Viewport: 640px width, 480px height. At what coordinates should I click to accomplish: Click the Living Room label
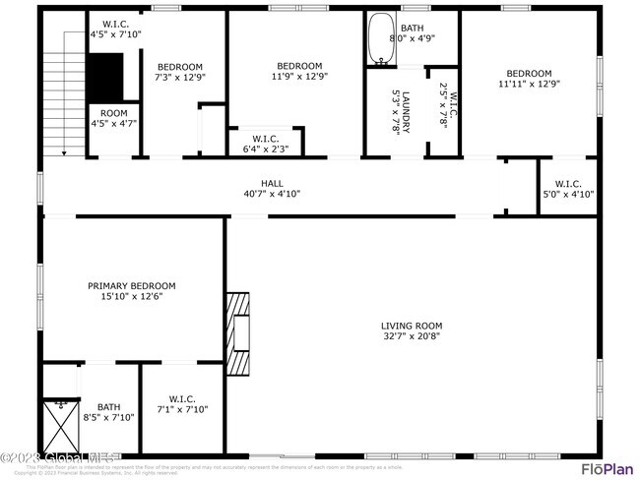pos(412,326)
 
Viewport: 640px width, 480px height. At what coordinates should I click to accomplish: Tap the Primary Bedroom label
pos(139,286)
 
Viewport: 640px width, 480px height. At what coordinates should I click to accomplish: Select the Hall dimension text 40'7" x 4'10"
pos(272,194)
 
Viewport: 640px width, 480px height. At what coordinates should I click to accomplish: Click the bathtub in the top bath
pos(380,41)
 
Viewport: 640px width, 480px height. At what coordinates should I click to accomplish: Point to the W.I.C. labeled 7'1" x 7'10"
pos(182,403)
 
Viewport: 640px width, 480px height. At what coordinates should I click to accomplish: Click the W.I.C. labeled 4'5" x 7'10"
pos(115,30)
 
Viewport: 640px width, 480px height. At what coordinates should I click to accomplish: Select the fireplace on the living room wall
pos(237,326)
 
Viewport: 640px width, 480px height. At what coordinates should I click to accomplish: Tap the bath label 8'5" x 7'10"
pos(108,411)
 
